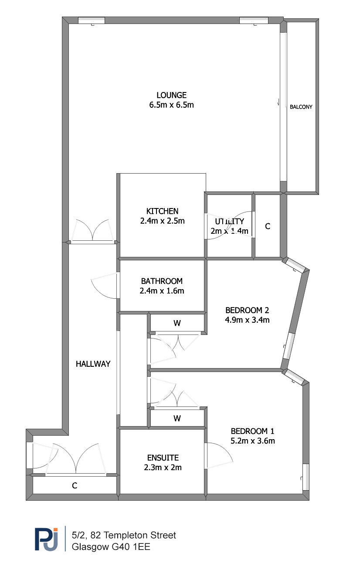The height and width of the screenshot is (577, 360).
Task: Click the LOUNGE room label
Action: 171,96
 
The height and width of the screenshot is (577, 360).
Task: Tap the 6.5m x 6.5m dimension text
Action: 171,105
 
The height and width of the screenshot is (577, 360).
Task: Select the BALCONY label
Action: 301,107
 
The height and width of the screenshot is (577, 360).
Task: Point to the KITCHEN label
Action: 162,211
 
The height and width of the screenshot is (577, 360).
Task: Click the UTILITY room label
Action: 229,221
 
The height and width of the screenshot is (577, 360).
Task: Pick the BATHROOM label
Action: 162,281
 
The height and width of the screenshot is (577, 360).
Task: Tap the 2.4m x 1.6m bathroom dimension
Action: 162,291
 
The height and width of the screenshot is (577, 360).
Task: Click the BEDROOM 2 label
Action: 247,310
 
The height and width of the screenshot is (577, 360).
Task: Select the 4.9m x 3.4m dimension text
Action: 247,320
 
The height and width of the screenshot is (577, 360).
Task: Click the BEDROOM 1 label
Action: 252,431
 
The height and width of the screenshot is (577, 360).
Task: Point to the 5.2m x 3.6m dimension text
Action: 252,441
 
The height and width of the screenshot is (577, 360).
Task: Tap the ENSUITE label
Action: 163,458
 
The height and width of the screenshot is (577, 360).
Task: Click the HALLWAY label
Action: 93,364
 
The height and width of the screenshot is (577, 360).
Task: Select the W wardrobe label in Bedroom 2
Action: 177,323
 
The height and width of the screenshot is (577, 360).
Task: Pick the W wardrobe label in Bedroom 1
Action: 177,418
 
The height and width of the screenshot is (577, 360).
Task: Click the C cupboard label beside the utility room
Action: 268,226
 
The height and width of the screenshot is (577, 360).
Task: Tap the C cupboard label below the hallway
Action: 75,485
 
